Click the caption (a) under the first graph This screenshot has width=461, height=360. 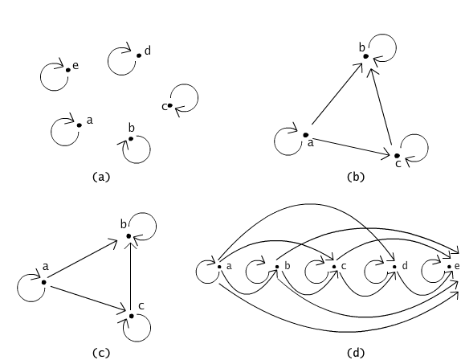click(101, 177)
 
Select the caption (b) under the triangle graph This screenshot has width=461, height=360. click(356, 177)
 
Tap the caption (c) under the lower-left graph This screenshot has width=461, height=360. click(101, 352)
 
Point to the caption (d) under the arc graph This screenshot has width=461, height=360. click(356, 352)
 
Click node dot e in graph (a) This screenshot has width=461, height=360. click(68, 70)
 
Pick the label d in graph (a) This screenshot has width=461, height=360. click(148, 51)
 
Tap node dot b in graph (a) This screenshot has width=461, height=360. click(131, 138)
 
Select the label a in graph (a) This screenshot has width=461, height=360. click(90, 121)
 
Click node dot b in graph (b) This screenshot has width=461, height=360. click(365, 56)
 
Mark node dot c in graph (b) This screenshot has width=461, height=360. click(397, 156)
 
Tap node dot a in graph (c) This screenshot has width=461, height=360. click(44, 282)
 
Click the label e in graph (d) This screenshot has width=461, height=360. click(457, 266)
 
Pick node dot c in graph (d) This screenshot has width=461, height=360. click(334, 267)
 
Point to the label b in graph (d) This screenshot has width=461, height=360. click(288, 266)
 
